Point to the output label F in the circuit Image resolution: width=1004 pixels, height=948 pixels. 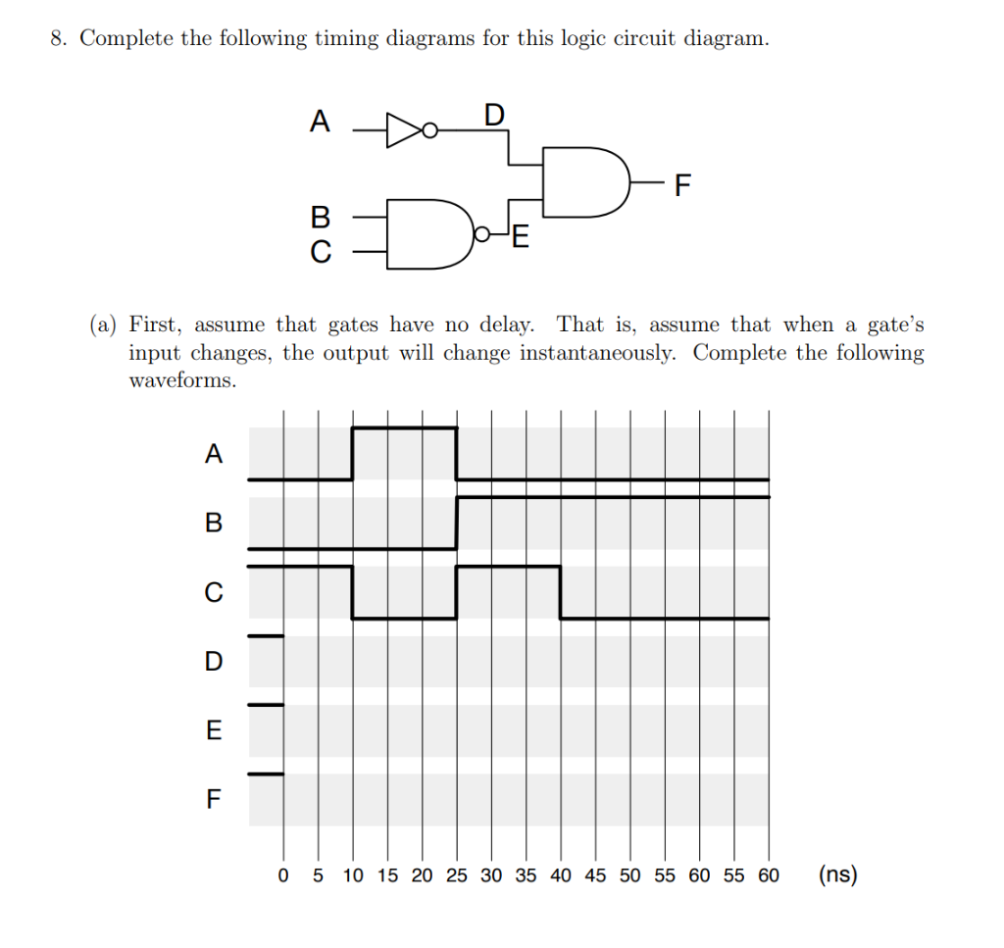(682, 183)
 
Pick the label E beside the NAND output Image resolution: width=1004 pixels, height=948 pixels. (520, 237)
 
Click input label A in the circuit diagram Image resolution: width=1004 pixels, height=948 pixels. (320, 122)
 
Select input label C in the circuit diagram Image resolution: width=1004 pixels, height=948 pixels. (320, 253)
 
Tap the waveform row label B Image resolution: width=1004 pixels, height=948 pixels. (214, 523)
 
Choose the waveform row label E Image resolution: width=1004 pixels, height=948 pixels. (214, 730)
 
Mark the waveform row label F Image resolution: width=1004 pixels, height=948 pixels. (214, 800)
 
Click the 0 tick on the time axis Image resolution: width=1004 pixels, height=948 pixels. (283, 875)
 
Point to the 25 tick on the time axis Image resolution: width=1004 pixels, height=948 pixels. (456, 875)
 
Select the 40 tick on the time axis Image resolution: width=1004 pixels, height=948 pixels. (560, 875)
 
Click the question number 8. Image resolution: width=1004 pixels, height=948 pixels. (58, 39)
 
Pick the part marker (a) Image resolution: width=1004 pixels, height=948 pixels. (104, 324)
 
